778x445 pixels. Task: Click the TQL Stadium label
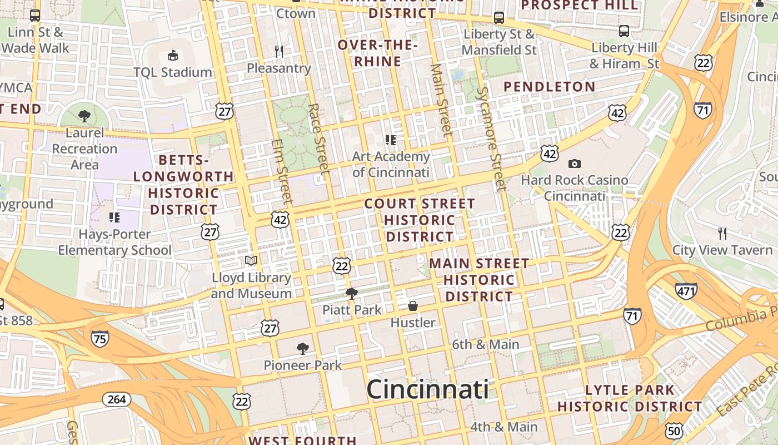coord(172,72)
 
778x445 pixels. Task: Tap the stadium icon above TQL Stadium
coord(173,55)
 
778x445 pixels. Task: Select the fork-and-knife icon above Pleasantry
coord(279,52)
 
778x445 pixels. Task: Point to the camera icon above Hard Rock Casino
coord(575,164)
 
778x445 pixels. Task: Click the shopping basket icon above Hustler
coord(413,306)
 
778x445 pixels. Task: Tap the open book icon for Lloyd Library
coord(251,260)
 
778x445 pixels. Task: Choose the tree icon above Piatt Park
coord(351,293)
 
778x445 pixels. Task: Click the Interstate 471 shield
coord(686,290)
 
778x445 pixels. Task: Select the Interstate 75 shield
coord(100,338)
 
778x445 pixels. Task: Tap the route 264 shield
coord(117,399)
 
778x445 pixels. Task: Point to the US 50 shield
coord(674,430)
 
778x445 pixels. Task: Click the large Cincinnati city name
coord(427,389)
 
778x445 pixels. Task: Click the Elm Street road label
coord(282,170)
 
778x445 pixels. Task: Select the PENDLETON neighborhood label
coord(549,87)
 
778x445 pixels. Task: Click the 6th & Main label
coord(485,344)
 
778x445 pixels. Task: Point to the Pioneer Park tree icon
coord(303,349)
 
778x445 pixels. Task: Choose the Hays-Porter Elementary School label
coord(115,242)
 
